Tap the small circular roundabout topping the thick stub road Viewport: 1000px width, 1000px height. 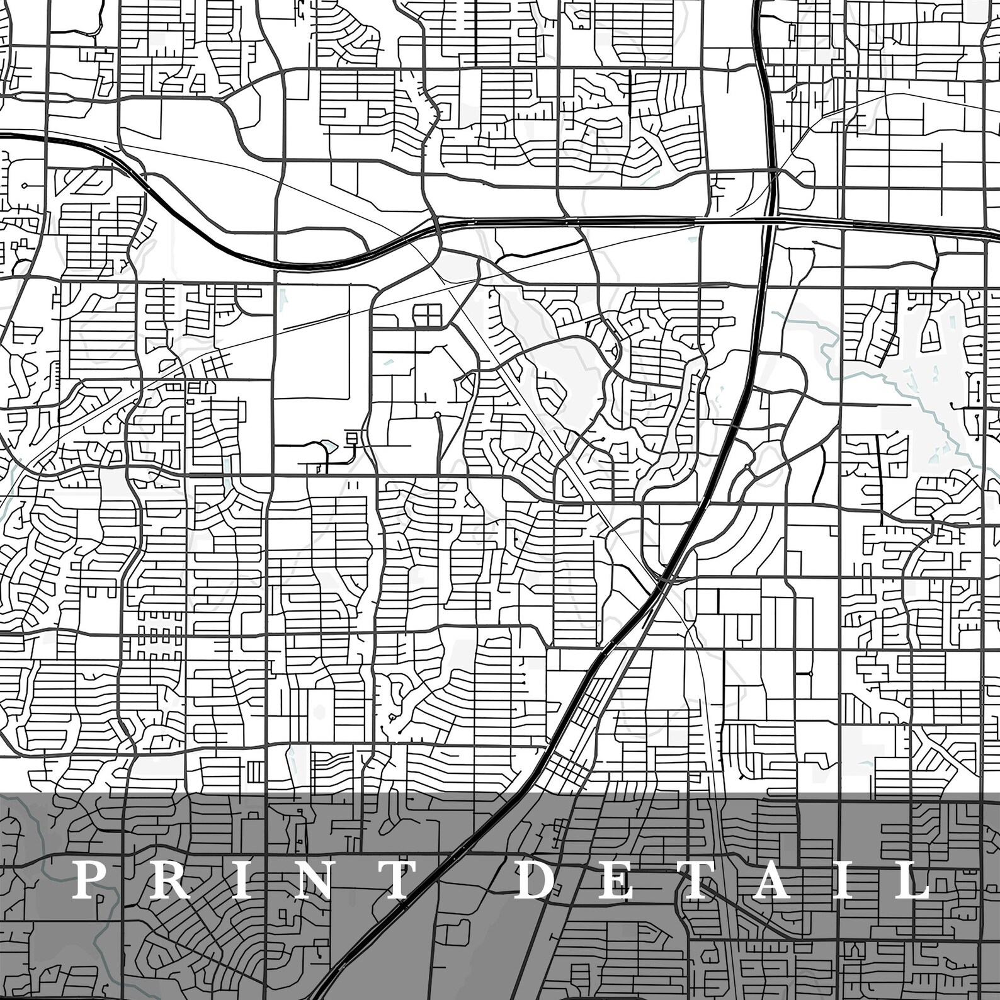[x=438, y=415]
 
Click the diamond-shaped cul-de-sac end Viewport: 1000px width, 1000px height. [x=24, y=186]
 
